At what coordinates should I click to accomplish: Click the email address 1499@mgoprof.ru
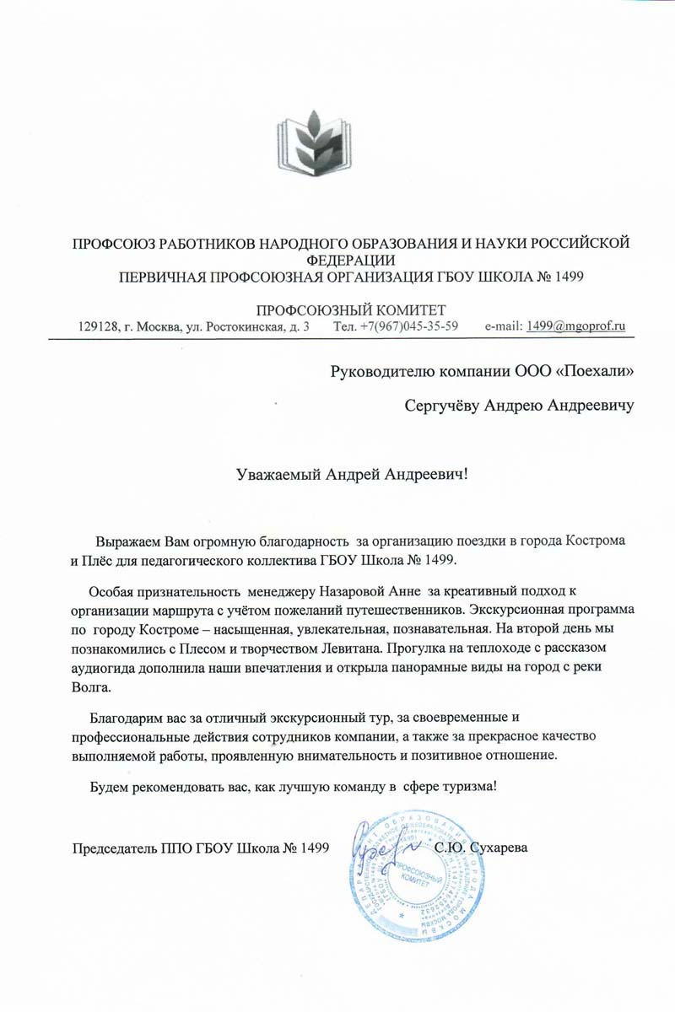pyautogui.click(x=575, y=326)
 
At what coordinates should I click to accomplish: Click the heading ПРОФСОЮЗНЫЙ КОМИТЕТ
pyautogui.click(x=350, y=310)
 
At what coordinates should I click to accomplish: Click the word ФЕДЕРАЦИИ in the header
pyautogui.click(x=350, y=260)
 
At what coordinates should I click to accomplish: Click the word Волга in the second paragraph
pyautogui.click(x=90, y=687)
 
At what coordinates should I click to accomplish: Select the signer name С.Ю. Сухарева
pyautogui.click(x=481, y=845)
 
